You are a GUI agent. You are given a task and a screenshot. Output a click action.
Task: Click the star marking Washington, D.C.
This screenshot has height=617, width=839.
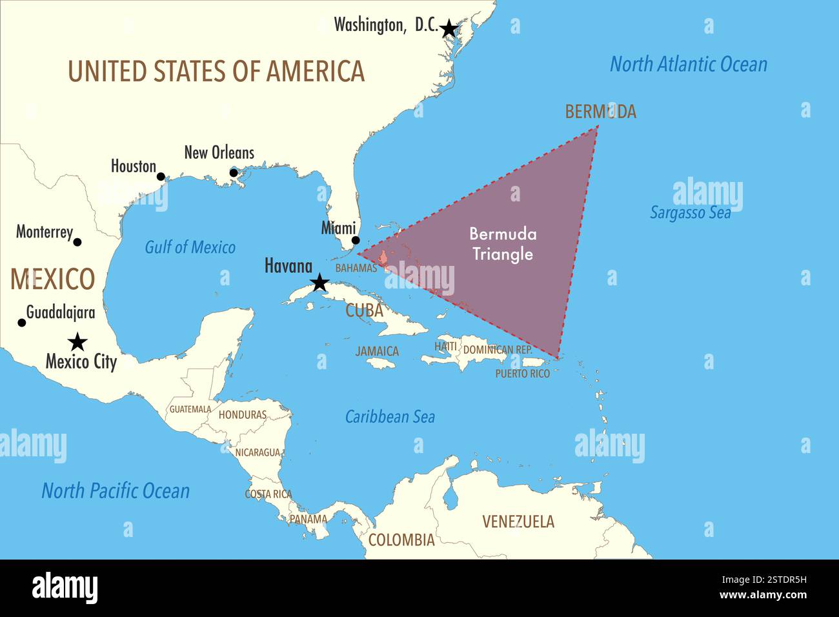click(x=449, y=28)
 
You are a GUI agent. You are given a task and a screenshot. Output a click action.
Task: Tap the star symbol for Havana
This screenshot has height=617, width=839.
click(x=319, y=282)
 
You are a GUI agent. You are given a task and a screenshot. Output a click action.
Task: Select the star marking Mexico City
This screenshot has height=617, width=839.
click(x=77, y=341)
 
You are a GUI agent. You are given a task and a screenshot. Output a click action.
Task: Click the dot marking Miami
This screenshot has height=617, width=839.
click(x=355, y=241)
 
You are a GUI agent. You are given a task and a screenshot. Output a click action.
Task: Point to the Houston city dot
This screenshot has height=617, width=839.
click(x=161, y=176)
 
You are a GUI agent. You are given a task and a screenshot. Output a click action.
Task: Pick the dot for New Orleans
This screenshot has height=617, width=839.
click(x=234, y=172)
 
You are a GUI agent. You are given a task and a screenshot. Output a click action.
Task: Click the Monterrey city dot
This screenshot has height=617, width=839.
click(x=77, y=242)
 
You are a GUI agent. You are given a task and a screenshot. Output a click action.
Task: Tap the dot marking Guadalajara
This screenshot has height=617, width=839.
click(x=21, y=323)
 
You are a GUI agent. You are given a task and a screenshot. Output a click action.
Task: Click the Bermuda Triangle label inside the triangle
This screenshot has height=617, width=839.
click(x=503, y=244)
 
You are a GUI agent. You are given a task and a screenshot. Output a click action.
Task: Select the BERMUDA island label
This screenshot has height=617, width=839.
click(x=600, y=112)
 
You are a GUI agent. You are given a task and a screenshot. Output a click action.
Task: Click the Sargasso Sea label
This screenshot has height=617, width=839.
click(x=690, y=212)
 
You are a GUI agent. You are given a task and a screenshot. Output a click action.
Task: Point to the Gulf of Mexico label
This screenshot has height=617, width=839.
click(x=190, y=247)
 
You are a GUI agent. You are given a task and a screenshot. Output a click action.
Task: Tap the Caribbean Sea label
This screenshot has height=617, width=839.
click(x=390, y=417)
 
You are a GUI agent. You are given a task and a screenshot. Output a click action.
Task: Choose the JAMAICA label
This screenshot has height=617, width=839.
click(x=377, y=352)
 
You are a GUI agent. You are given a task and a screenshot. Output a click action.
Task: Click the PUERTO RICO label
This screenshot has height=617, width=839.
click(x=522, y=374)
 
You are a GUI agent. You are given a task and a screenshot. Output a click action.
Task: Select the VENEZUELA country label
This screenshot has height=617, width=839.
click(x=518, y=521)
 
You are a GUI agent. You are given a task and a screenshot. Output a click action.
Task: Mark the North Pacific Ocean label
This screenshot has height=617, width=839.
click(x=116, y=491)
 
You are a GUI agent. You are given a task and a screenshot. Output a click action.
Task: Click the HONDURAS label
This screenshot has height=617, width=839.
click(x=242, y=415)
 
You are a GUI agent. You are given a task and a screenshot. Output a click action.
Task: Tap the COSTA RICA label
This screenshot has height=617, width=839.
click(x=268, y=494)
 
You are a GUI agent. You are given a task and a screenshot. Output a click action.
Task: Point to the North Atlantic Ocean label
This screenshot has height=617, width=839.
click(x=689, y=65)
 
